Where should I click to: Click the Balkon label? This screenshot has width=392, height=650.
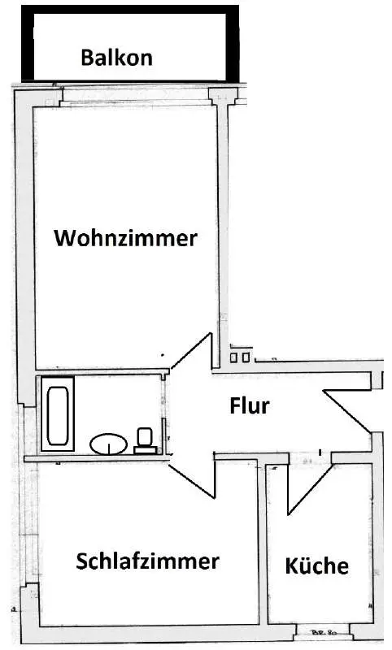116,57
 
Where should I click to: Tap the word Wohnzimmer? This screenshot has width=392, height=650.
126,238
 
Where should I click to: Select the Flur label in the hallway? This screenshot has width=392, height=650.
250,405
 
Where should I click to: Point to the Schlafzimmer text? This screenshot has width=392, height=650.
147,561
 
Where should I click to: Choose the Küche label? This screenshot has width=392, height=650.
317,565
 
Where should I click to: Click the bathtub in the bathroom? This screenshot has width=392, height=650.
58,415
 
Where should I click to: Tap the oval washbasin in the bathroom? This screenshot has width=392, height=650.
109,444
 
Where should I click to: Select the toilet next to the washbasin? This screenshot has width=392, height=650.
145,441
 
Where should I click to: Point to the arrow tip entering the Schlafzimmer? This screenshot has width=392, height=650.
170,465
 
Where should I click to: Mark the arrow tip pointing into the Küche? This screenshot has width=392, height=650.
290,514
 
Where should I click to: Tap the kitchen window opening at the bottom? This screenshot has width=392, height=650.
323,632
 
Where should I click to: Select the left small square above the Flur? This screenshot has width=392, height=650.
234,357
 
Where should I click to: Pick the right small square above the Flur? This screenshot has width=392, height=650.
246,357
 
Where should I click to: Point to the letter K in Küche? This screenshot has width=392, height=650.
292,565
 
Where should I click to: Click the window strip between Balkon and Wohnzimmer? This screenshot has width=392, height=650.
136,95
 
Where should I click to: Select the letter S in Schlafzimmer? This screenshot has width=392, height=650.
81,561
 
